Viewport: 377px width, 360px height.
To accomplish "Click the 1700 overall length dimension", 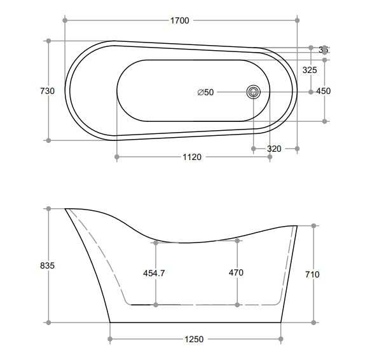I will coord(180,20).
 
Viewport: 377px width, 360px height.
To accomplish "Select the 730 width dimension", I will coord(48,91).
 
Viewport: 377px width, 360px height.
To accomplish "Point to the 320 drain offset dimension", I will coord(274,149).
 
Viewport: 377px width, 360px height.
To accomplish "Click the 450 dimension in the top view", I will coord(324,91).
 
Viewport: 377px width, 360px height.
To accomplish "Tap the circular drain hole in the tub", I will coord(254,91).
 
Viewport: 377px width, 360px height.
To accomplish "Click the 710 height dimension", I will coord(312,274).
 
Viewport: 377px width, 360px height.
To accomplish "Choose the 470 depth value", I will coord(236,272).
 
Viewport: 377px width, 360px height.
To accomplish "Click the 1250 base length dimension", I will coord(195,339).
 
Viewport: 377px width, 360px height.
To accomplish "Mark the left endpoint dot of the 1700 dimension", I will coord(65,20).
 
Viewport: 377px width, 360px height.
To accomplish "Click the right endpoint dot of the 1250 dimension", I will coord(281,339).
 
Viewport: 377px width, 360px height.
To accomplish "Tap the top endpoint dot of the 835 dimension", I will coord(48,208).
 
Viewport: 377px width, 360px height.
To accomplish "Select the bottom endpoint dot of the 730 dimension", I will coord(49,140).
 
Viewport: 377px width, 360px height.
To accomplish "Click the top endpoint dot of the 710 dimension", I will coord(314,225).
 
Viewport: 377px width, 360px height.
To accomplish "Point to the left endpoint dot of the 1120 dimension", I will coord(116,157).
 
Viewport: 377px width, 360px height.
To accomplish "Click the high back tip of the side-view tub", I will coord(66,208).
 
